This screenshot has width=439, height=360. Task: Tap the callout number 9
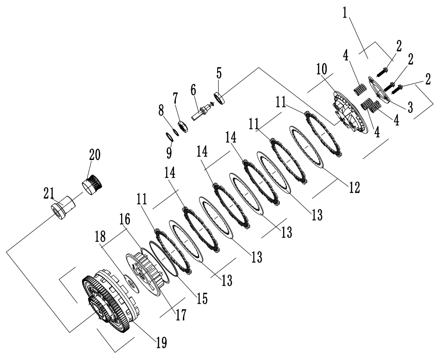[169, 151]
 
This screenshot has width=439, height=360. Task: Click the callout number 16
[125, 219]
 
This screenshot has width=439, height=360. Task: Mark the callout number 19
[161, 342]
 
